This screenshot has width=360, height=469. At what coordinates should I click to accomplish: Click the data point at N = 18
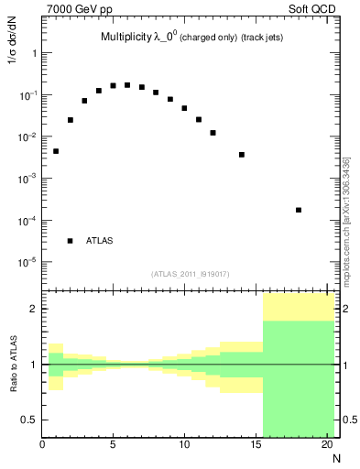[x=299, y=210]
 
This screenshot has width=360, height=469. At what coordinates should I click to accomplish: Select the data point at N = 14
[x=242, y=155]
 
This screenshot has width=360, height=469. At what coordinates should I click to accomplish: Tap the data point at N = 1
[x=56, y=151]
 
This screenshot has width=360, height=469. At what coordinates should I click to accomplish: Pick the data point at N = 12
[x=213, y=133]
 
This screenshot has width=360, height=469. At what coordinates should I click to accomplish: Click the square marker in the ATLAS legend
[x=70, y=241]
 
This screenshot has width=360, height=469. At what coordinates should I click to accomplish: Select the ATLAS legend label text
[x=100, y=241]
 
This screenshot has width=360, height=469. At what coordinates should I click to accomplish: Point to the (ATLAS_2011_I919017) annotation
[x=189, y=274]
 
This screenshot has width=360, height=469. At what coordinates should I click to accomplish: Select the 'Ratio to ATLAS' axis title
[x=13, y=364]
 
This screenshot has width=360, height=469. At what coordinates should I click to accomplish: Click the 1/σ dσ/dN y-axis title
[x=13, y=74]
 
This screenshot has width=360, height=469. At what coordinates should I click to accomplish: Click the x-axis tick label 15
[x=255, y=446]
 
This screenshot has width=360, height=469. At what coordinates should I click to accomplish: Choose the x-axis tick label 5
[x=113, y=446]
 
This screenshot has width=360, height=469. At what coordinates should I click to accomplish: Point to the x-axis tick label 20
[x=327, y=446]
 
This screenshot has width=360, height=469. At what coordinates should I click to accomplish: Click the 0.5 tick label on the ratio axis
[x=30, y=420]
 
